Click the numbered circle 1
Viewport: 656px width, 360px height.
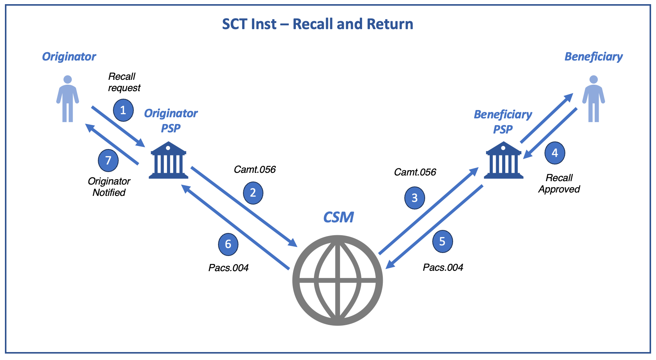pos(123,110)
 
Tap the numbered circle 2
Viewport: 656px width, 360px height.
pos(253,193)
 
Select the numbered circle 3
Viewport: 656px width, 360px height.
pos(415,198)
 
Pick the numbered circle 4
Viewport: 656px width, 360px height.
pos(555,153)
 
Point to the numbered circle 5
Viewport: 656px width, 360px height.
pos(442,241)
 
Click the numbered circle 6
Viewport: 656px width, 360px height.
pos(228,244)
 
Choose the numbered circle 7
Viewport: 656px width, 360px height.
pos(108,160)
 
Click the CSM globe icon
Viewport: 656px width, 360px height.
pos(337,280)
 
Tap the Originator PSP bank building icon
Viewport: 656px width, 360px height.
pos(169,160)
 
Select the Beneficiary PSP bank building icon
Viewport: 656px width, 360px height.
pos(504,160)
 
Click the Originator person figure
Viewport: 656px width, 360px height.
pos(68,99)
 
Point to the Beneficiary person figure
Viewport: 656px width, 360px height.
pos(594,99)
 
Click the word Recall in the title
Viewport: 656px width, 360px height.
pos(313,24)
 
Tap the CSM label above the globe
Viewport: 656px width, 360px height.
pos(339,217)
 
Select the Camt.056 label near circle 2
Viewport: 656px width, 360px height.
pos(255,169)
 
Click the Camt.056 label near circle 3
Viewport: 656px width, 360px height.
pos(415,172)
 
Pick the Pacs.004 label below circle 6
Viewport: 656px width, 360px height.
pos(228,268)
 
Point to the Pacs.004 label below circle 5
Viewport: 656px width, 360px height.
pos(443,267)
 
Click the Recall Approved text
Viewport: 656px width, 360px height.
pos(559,183)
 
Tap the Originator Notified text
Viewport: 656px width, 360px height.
pos(109,187)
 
